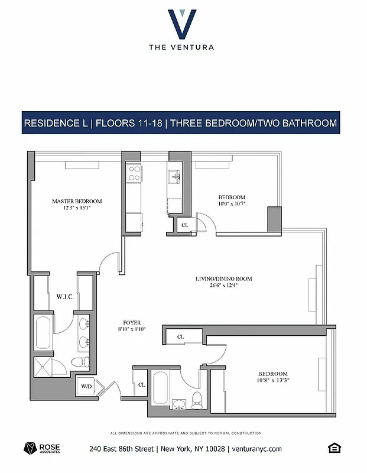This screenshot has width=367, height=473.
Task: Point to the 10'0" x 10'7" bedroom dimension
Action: (x=232, y=204)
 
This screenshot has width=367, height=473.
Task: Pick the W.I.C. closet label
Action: (x=64, y=296)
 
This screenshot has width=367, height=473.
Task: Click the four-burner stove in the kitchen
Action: (x=134, y=172)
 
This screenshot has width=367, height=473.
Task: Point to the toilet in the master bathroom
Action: (x=79, y=362)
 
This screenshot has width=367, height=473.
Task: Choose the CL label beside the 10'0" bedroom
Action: (x=184, y=225)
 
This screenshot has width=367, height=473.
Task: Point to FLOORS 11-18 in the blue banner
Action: (x=130, y=124)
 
